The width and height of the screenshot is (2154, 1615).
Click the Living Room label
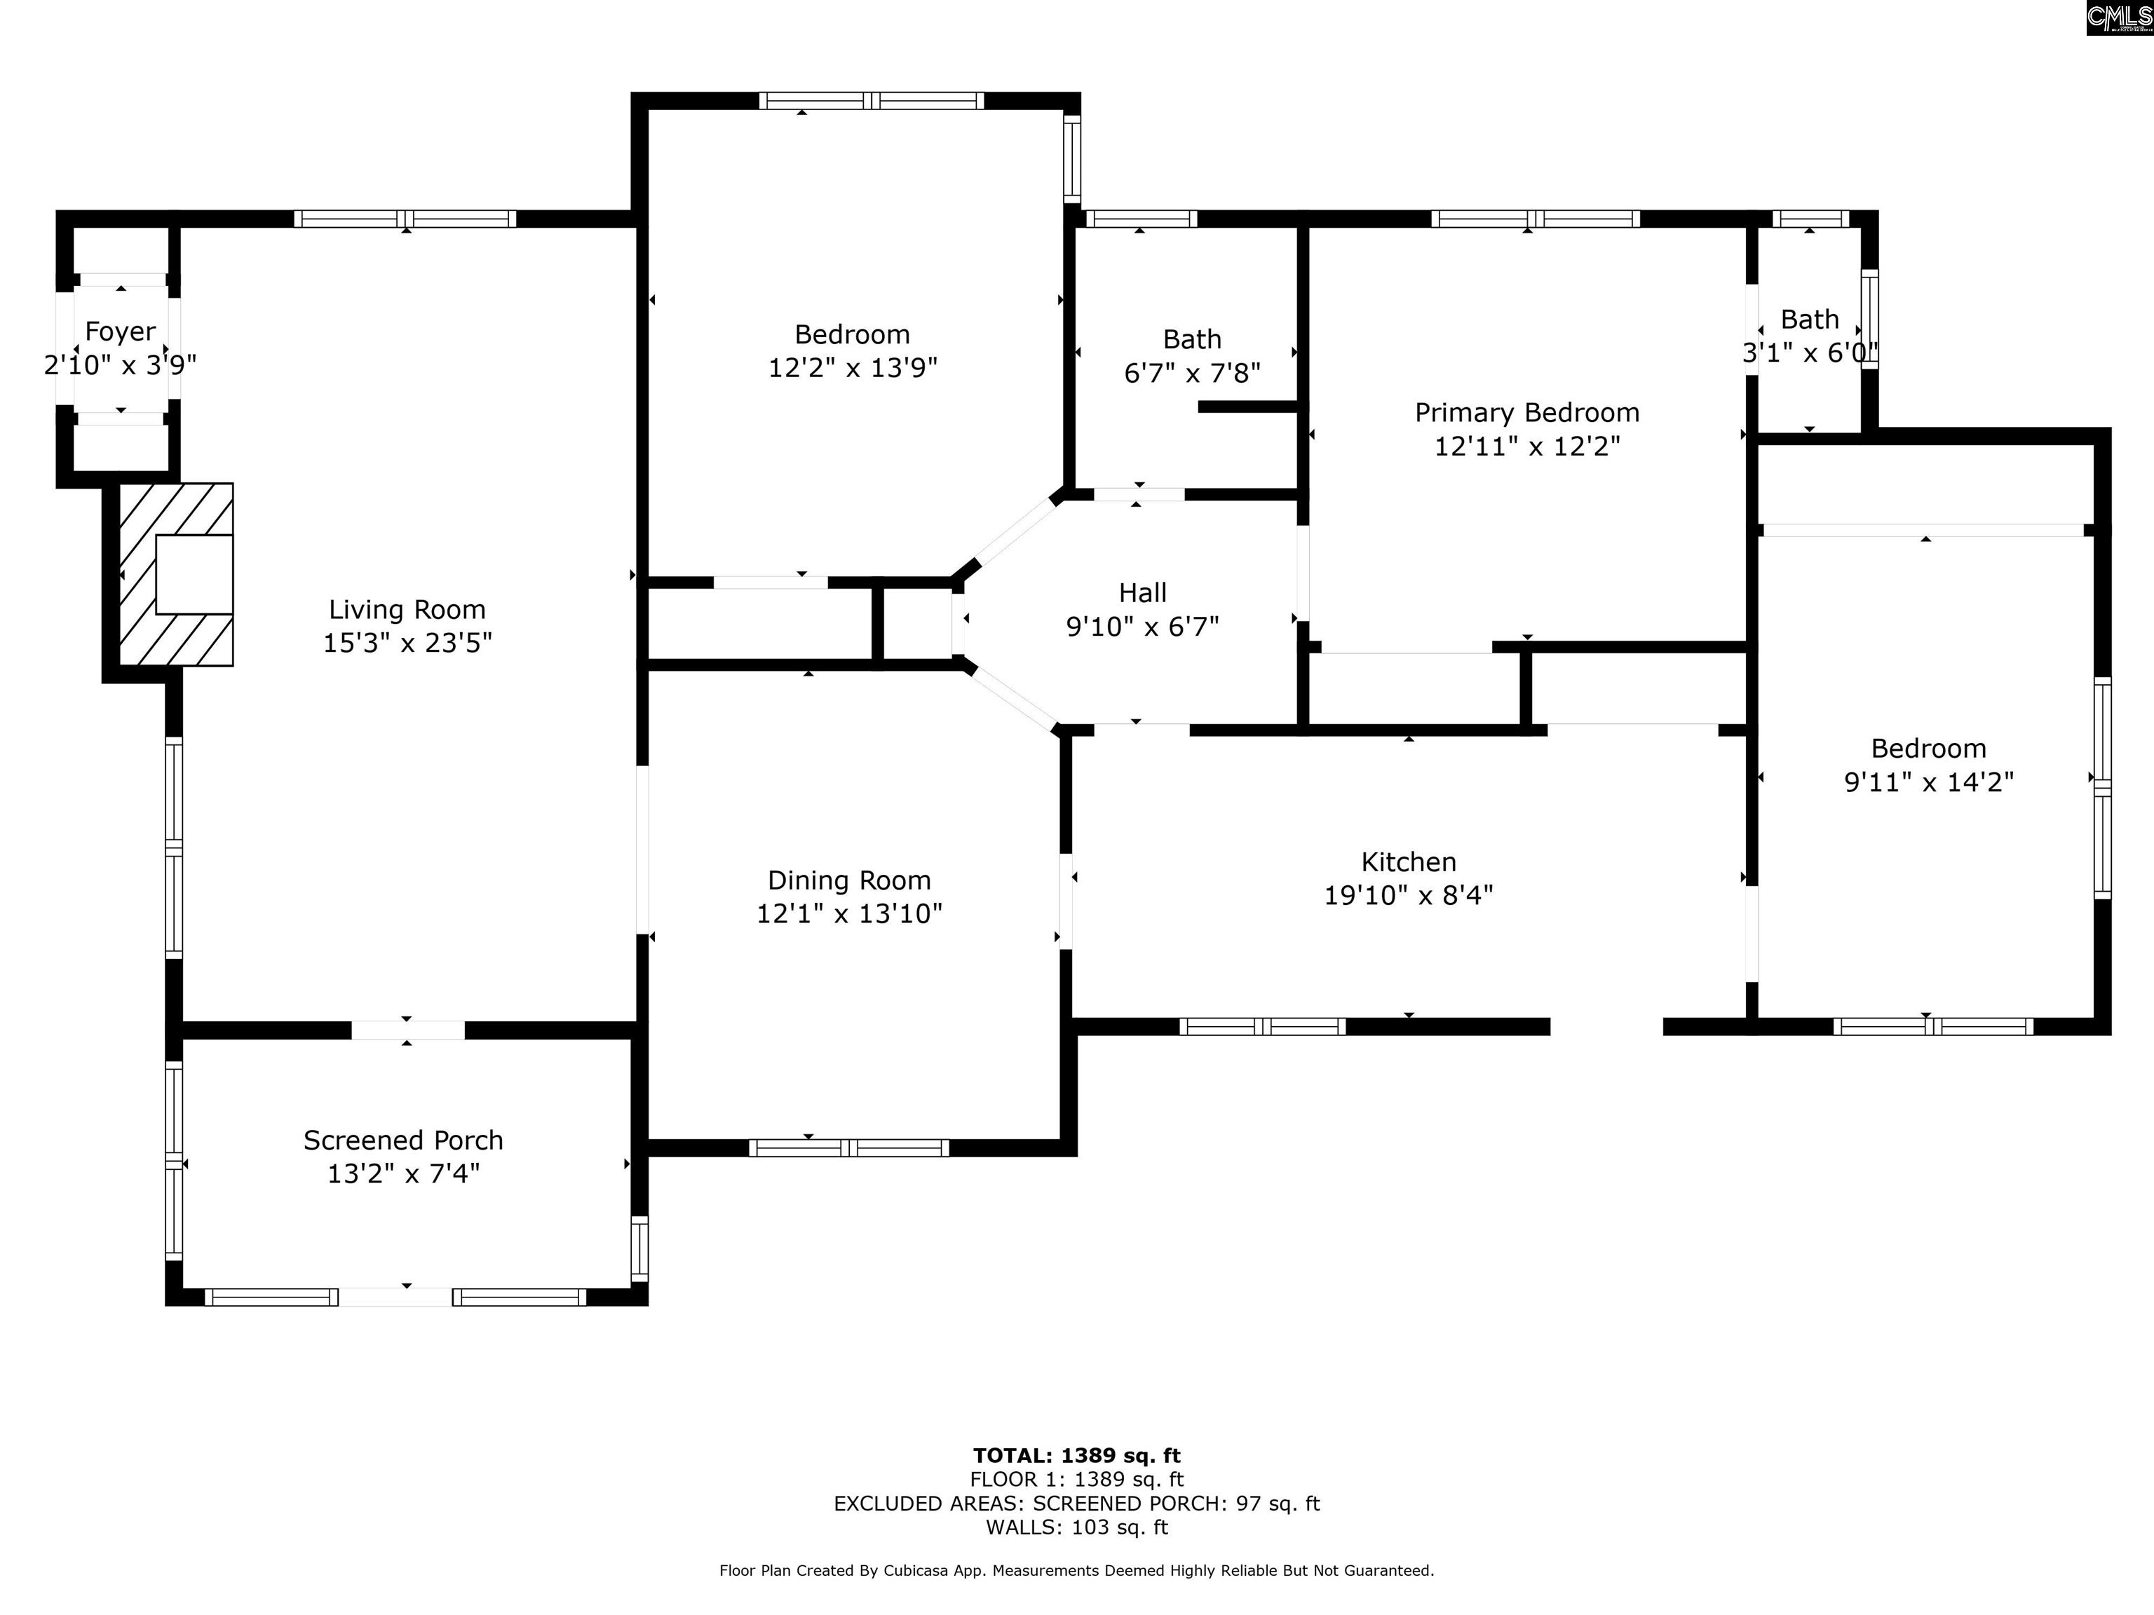407,611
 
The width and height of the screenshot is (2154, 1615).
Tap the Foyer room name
120,332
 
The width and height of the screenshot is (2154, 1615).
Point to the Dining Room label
849,881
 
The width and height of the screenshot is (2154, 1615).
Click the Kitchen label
1408,862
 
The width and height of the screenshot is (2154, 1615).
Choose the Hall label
1142,593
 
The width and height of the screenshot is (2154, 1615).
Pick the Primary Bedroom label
1527,414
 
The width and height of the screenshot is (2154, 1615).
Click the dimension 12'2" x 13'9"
853,368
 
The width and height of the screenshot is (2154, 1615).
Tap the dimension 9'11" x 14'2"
1929,782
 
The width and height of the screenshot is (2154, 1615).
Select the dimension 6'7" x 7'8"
1192,373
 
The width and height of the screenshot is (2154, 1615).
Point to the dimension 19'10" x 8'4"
1408,896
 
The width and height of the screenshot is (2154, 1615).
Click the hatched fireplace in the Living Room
176,574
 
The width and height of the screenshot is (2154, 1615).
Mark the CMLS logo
2119,18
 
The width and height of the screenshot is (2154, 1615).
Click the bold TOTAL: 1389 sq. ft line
1076,1455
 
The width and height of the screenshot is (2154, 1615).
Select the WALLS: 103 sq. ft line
1076,1527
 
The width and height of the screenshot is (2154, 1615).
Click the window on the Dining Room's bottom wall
848,1147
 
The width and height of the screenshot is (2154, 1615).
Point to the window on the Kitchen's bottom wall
1263,1026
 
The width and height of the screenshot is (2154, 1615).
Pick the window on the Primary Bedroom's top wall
1536,219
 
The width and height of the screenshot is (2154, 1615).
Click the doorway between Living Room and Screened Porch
408,1030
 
